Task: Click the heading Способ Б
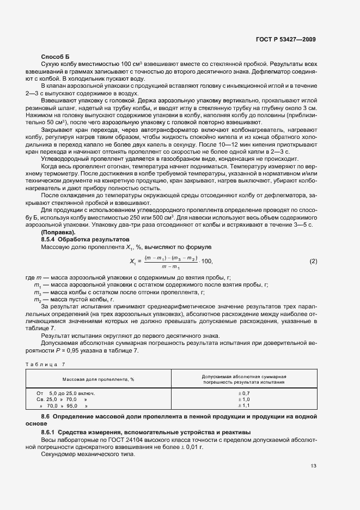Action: (x=56, y=57)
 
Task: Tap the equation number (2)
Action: (x=313, y=262)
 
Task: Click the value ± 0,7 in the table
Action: (x=245, y=393)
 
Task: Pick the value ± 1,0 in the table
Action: (x=245, y=399)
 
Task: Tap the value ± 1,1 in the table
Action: (x=245, y=406)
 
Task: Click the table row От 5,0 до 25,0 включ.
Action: (x=65, y=393)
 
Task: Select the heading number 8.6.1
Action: (x=50, y=432)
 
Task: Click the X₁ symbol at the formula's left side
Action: (x=133, y=262)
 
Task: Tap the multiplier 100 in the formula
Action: (x=208, y=262)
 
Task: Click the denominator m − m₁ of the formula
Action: (x=171, y=266)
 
